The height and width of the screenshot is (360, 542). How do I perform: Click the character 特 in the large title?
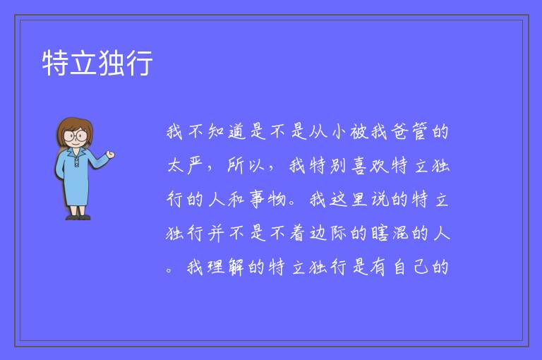point(55,63)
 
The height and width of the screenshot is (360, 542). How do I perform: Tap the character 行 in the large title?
point(139,63)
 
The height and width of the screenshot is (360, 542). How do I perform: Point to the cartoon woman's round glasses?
point(76,136)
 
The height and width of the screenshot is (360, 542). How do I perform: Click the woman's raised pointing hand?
point(110,155)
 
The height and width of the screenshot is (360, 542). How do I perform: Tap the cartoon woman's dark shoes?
point(78,217)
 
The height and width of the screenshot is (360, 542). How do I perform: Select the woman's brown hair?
point(74,130)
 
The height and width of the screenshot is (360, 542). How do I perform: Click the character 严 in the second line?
point(195,166)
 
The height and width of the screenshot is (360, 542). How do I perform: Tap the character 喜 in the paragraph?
point(359,166)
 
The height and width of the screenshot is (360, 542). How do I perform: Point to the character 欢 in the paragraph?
point(379,166)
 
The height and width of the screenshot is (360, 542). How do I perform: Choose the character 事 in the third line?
point(257,200)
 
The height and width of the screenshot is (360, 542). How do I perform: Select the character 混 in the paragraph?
point(399,233)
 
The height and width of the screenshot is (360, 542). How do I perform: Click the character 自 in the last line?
point(399,267)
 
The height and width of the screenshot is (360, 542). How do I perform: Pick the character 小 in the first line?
point(338,132)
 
